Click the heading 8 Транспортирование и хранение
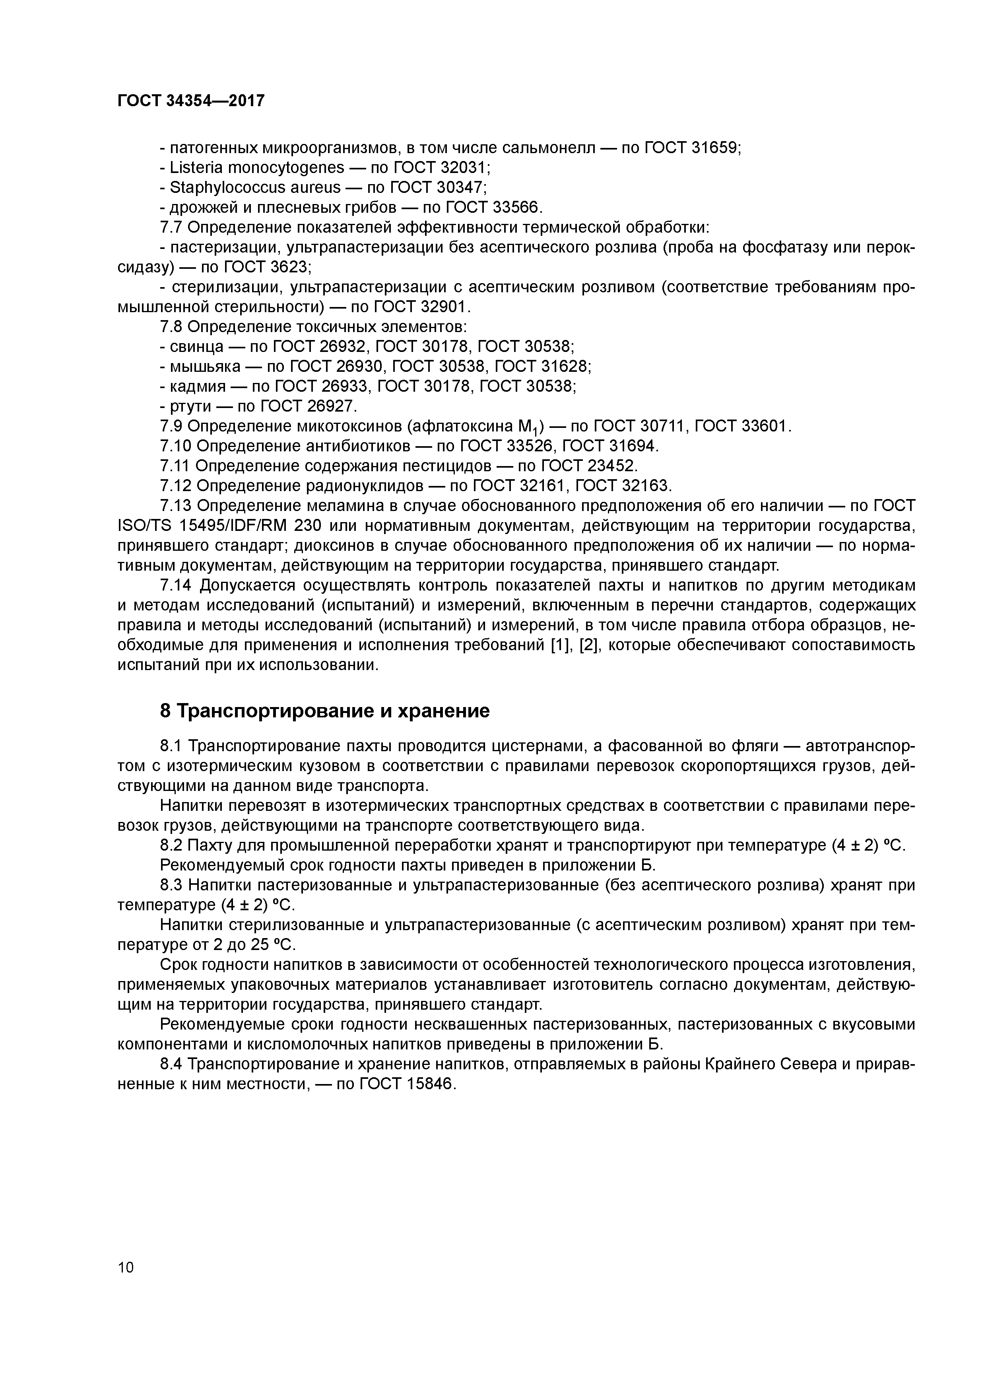[x=324, y=711]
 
